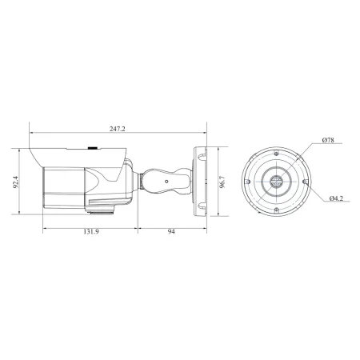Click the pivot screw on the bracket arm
point(166,181)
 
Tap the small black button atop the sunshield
point(91,148)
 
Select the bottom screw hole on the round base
point(274,210)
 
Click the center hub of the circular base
point(275,182)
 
